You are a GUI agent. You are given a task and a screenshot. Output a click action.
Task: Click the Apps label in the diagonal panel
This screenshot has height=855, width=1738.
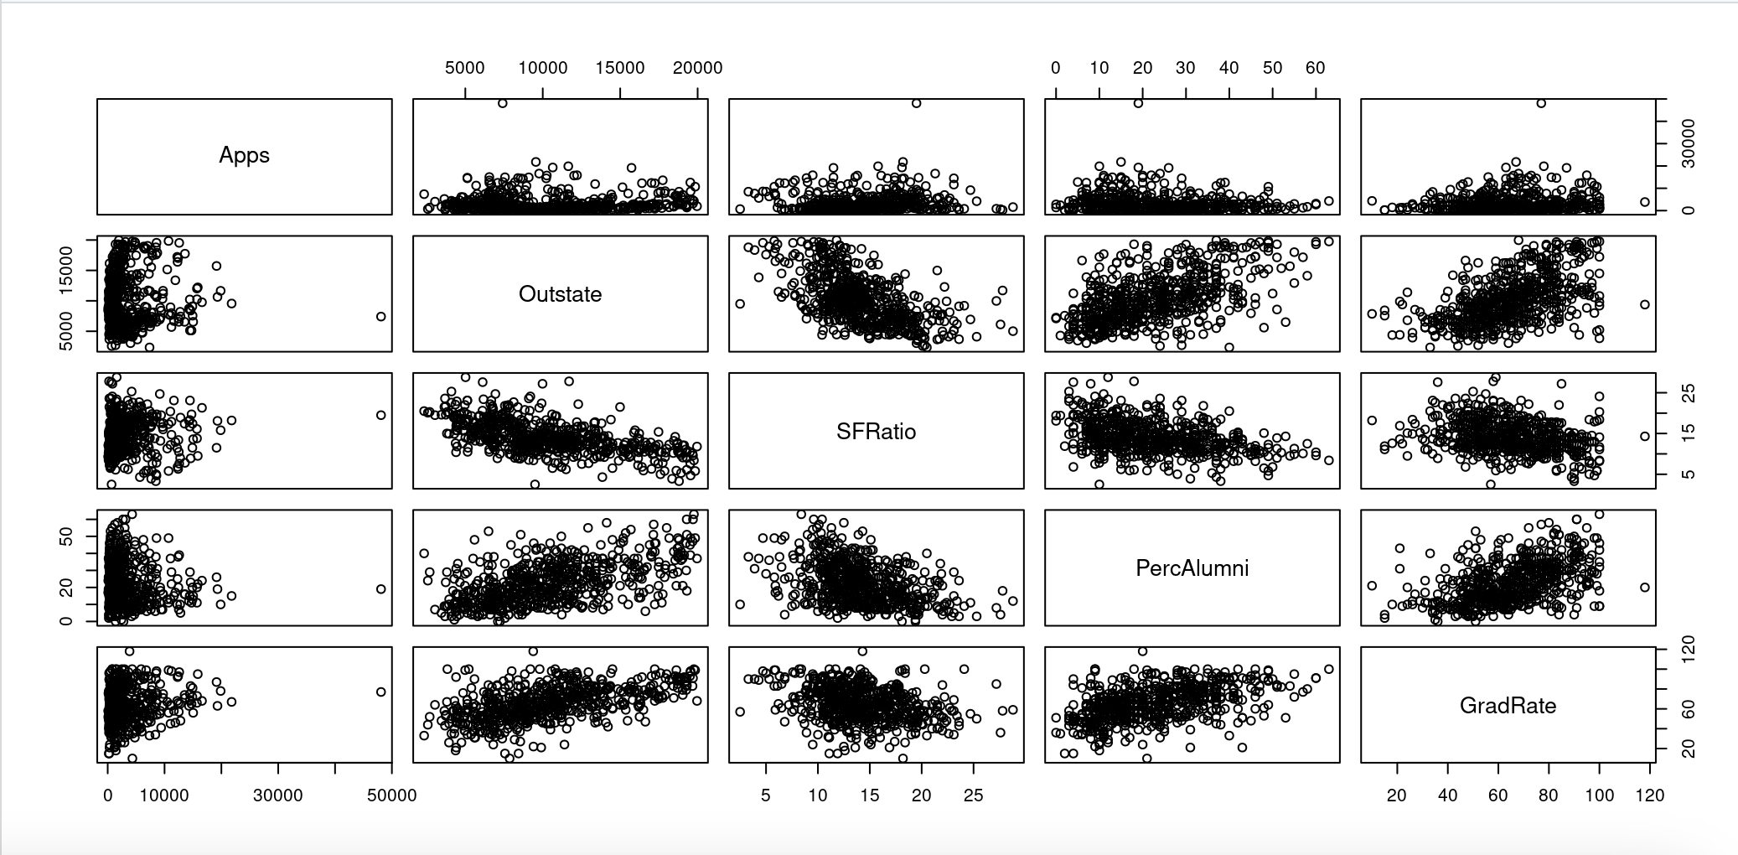244,156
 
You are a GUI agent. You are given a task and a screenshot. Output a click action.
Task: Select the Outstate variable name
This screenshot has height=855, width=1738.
560,294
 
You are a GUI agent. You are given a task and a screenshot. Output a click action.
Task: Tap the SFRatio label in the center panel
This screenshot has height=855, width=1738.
876,432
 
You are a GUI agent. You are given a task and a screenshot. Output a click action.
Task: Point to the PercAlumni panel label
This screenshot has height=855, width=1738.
1192,568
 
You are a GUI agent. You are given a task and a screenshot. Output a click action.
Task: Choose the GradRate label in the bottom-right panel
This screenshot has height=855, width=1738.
1508,706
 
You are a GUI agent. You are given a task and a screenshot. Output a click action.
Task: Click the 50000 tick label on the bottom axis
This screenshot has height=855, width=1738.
391,795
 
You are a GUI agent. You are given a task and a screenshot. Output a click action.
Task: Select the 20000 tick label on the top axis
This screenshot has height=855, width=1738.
697,68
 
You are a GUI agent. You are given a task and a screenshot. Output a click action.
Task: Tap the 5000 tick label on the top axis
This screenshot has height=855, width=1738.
464,68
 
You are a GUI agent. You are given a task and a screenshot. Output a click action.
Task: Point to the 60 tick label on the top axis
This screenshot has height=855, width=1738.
1315,68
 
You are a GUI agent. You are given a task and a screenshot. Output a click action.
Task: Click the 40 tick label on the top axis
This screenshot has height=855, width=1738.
1228,68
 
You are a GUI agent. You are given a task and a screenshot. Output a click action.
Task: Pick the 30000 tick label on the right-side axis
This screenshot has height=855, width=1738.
1688,143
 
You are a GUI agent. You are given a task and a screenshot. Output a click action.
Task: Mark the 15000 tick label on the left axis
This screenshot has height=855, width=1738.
66,271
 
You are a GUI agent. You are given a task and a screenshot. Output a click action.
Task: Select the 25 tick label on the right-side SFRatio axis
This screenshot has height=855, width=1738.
1689,394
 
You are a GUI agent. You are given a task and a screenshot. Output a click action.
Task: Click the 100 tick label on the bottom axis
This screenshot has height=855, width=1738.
1599,795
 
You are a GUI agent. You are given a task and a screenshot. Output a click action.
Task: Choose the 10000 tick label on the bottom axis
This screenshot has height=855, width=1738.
164,795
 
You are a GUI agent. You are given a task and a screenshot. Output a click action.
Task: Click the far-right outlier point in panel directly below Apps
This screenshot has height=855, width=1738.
381,317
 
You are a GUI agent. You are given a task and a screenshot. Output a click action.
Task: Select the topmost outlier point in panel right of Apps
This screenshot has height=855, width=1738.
503,104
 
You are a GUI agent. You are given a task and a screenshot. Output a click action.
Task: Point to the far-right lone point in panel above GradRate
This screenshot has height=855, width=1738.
1645,588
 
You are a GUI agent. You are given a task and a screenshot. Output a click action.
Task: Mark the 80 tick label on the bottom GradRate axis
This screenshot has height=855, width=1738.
1549,795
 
